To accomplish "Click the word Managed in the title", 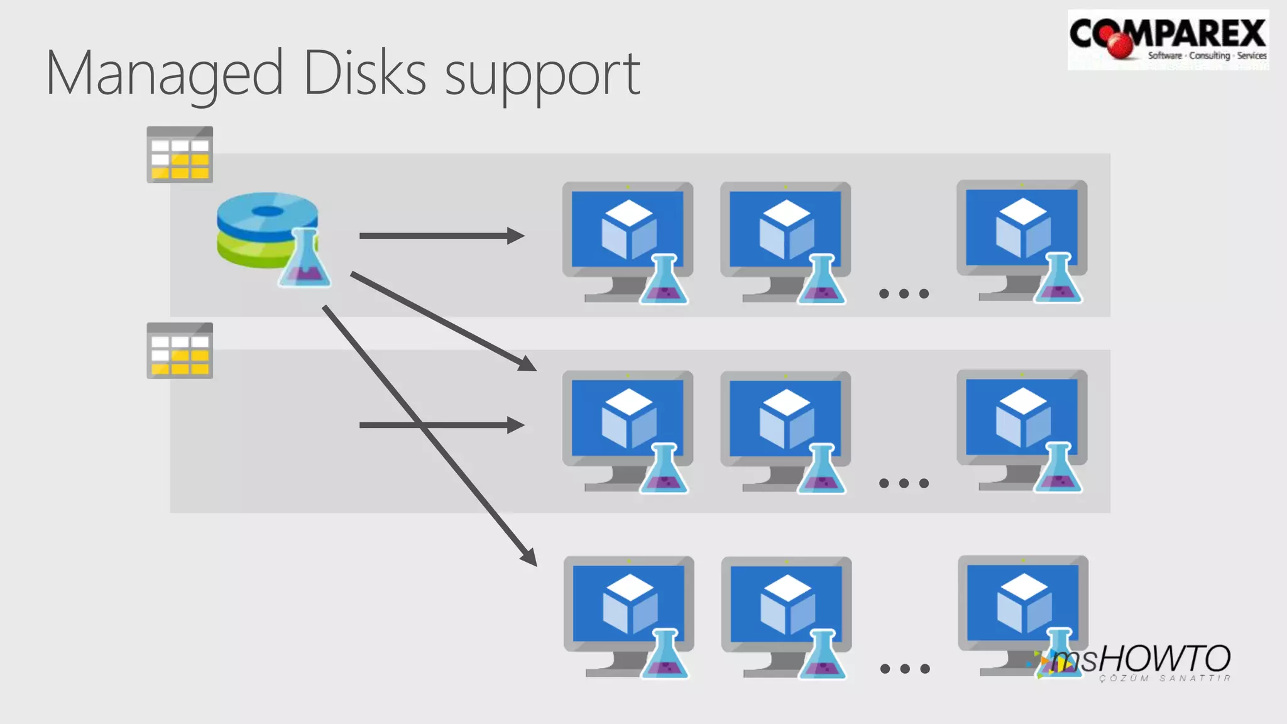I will point(165,74).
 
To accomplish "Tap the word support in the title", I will point(542,77).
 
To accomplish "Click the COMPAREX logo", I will point(1168,39).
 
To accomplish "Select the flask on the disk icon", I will point(305,259).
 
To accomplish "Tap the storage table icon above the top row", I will point(180,155).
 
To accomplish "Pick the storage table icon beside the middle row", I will point(180,351).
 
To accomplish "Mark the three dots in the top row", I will point(904,293).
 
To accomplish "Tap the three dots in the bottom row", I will point(905,669).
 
